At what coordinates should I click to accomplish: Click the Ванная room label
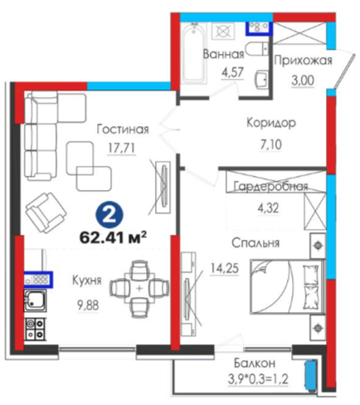coord(223,54)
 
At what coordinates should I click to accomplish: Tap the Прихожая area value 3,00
coord(303,81)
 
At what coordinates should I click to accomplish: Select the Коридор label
coord(271,123)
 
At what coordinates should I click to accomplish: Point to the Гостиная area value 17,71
coord(122,149)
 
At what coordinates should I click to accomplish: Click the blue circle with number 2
coord(109,215)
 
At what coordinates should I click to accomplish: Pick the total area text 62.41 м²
coord(113,237)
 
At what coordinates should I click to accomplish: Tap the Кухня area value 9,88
coord(88,305)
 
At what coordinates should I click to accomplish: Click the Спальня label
coord(255,243)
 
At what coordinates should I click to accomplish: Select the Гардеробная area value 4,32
coord(268,207)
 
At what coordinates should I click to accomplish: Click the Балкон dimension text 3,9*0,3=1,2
coord(258,378)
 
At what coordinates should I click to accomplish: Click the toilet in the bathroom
coord(257,50)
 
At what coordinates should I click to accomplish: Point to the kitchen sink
coord(34,301)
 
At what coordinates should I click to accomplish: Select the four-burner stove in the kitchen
coord(36,329)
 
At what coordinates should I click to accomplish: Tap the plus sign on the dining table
coord(139,288)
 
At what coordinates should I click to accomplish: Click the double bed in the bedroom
coord(287,286)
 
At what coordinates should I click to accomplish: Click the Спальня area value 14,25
coord(225,268)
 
